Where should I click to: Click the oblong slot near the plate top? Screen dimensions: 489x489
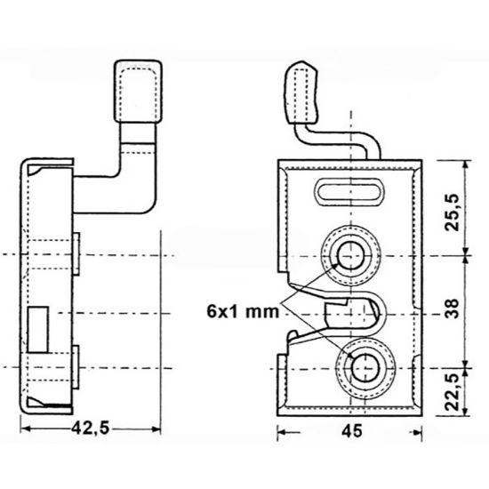(x=349, y=189)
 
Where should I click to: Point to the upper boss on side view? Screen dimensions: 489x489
(x=77, y=253)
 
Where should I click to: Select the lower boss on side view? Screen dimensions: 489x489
(x=77, y=365)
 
